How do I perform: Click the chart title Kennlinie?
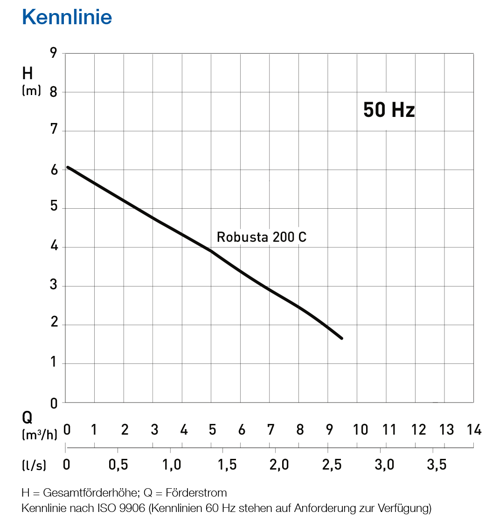coord(67,17)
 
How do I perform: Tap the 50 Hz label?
coord(389,110)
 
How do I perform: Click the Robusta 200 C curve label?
coord(262,237)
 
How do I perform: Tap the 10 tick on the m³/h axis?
coord(360,429)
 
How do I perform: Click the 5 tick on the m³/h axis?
coord(212,429)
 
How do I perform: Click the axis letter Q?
coord(28,418)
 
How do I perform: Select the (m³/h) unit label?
coord(40,435)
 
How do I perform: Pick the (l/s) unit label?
coord(34,465)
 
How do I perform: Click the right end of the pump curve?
coord(342,338)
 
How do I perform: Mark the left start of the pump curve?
coord(68,167)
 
